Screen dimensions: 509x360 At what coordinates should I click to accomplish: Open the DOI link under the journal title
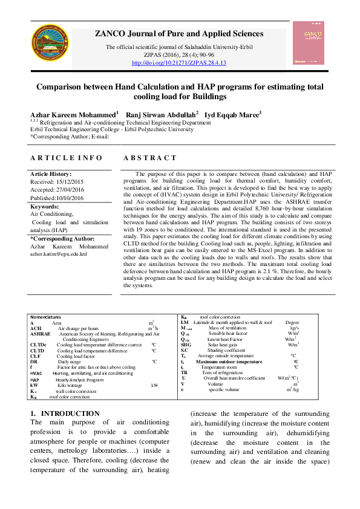coord(178,63)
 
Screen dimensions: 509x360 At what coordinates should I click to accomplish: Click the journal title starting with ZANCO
coord(178,34)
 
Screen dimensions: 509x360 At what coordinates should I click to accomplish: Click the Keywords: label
coord(44,206)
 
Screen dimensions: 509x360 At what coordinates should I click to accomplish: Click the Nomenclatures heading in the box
coord(45,317)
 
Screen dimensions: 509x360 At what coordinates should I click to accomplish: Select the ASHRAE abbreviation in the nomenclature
coord(41,333)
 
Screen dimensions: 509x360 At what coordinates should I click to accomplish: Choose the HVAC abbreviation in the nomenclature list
coord(36,374)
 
